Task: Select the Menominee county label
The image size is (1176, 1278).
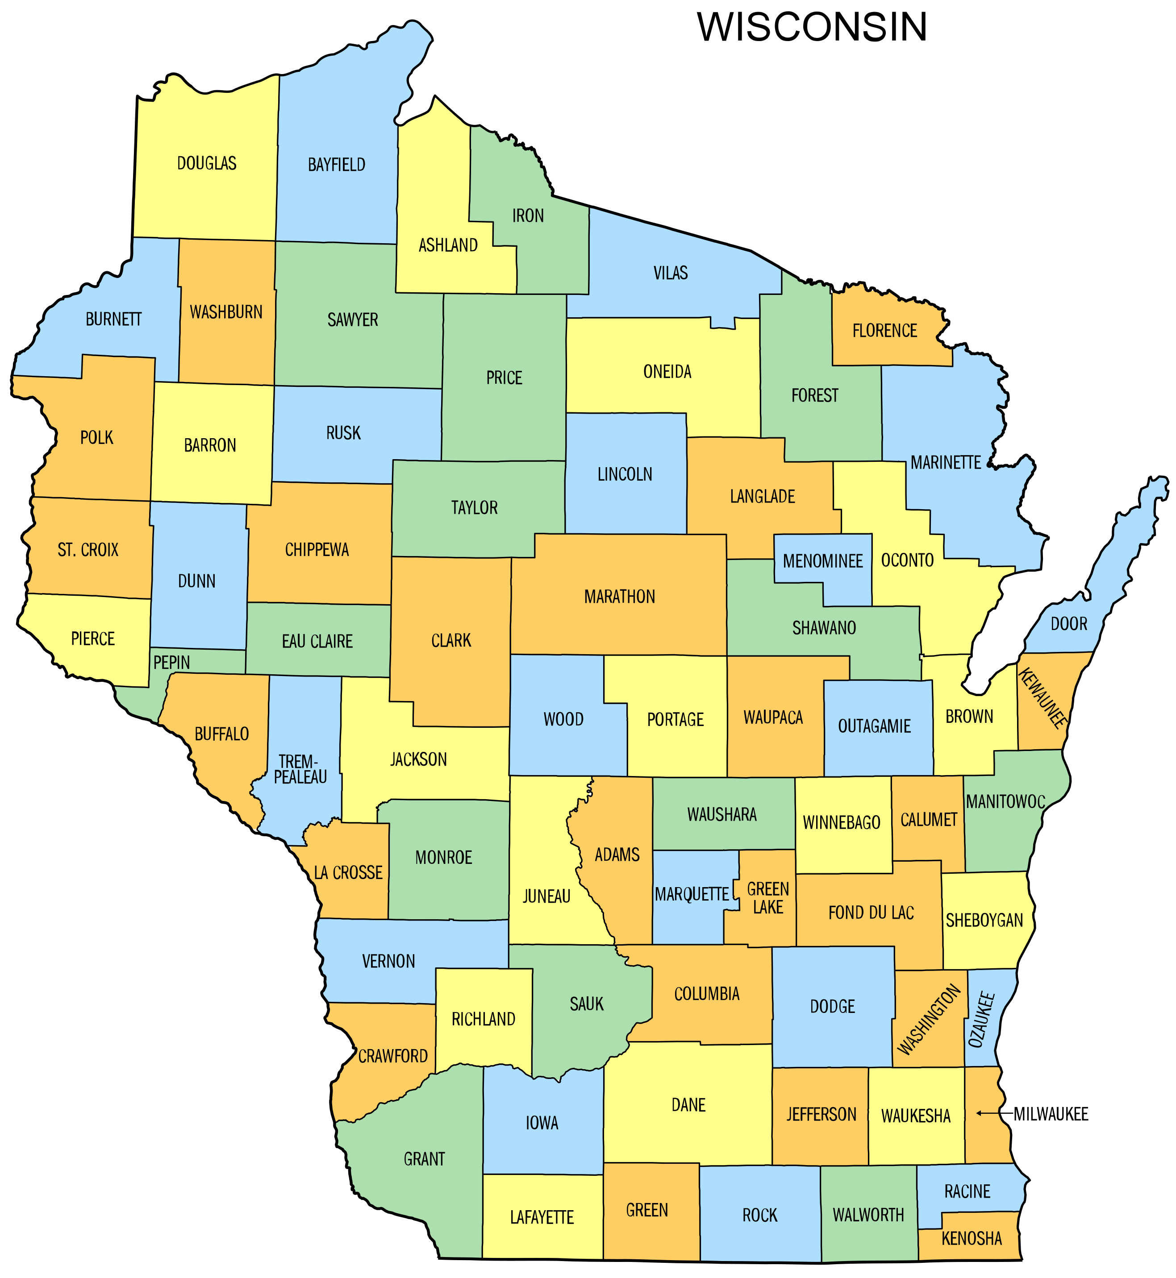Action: (x=823, y=561)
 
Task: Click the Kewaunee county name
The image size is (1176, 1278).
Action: (x=1043, y=698)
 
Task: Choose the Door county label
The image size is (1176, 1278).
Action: (x=1069, y=624)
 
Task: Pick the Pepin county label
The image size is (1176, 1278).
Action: (x=172, y=662)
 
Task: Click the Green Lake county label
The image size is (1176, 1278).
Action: (x=768, y=898)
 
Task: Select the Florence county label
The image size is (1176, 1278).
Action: (x=884, y=331)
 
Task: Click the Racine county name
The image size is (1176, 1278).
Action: (x=967, y=1191)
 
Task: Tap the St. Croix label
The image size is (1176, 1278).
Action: (x=88, y=550)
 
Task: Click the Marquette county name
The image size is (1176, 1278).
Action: (x=692, y=894)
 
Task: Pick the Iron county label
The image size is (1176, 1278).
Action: (x=528, y=216)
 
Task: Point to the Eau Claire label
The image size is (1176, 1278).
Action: (x=317, y=641)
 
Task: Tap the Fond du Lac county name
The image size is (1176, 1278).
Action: (x=871, y=913)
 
